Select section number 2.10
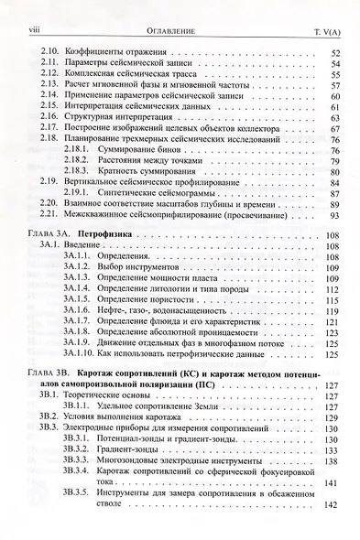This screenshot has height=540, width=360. [50, 53]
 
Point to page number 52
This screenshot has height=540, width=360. [334, 53]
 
